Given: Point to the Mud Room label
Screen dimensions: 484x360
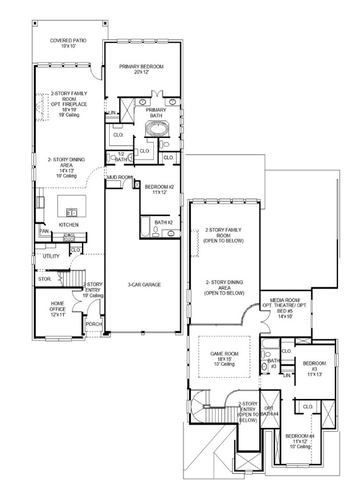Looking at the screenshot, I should coord(119,178).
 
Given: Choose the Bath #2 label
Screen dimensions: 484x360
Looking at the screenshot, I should coord(164,222).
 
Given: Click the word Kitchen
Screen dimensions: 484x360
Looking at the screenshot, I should coord(68,224).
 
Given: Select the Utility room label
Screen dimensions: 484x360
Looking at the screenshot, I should coord(51,256).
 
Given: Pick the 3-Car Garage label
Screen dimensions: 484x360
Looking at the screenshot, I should coord(144,285).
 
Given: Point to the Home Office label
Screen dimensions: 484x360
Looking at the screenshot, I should coord(57,308).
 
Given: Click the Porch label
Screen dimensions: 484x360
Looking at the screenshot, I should coord(94,325).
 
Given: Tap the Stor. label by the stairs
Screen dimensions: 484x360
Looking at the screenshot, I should coord(44,278).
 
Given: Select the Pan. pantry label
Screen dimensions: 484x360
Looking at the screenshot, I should coord(44,231).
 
